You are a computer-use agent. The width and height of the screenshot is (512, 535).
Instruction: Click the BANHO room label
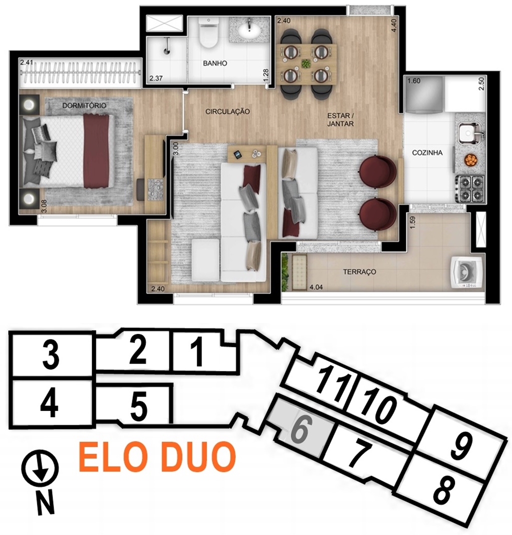tap(215, 63)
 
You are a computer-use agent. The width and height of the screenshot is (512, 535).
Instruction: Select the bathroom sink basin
tap(250, 31)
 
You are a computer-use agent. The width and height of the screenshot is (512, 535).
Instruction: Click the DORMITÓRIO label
tap(84, 105)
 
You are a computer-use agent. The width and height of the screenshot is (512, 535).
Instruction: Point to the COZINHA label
tap(427, 152)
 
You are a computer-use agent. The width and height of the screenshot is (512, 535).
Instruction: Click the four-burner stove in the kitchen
tap(470, 188)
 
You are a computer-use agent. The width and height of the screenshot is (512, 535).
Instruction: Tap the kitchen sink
tap(468, 133)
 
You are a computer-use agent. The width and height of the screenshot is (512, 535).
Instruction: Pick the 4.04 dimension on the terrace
tap(316, 287)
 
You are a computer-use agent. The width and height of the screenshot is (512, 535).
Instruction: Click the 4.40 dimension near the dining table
tap(395, 25)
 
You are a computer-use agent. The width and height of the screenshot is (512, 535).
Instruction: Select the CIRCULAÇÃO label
tap(227, 111)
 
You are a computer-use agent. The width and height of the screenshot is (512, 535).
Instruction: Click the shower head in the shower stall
tap(167, 51)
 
